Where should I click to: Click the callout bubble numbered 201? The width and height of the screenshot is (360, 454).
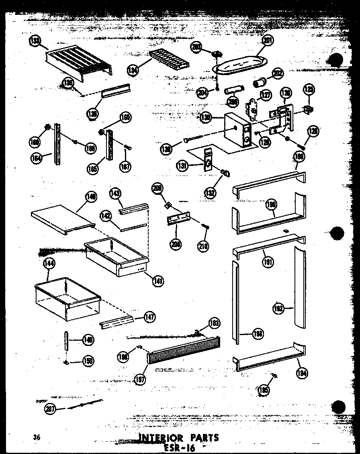(267, 40)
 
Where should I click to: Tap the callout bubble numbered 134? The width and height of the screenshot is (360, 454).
(133, 70)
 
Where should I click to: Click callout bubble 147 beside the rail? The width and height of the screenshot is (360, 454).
(149, 317)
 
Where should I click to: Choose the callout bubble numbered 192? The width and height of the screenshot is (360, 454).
(278, 308)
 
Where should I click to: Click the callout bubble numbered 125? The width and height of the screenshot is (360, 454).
(309, 89)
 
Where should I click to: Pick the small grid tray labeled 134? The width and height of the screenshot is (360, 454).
(169, 60)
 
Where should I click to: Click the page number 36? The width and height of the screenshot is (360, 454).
(38, 437)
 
